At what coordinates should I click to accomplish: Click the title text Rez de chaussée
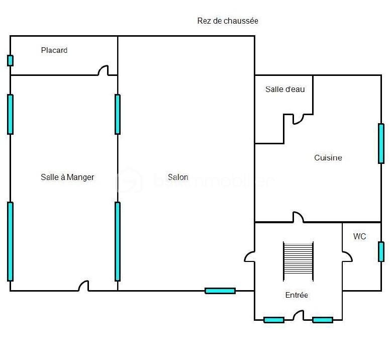[x=228, y=21]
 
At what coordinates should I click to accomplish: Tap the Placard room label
[x=54, y=50]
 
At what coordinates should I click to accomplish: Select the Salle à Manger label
[x=67, y=177]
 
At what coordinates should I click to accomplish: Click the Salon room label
[x=178, y=177]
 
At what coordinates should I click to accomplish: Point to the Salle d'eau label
[x=285, y=89]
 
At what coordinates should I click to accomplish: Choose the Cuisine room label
[x=328, y=158]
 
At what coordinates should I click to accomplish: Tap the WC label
[x=360, y=236]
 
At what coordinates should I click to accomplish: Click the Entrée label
[x=297, y=295]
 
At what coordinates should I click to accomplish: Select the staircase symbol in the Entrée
[x=298, y=261]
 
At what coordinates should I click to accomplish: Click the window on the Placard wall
[x=10, y=60]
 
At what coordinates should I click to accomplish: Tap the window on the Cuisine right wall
[x=381, y=143]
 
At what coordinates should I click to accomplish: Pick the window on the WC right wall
[x=381, y=251]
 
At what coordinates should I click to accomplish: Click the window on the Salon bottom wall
[x=220, y=291]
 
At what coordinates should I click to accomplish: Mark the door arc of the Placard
[x=104, y=71]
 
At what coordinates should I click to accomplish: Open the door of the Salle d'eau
[x=298, y=119]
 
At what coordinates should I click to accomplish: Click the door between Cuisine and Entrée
[x=298, y=217]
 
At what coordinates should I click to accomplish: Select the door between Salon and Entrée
[x=250, y=256]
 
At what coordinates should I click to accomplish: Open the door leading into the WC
[x=347, y=256]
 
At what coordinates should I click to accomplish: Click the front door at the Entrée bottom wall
[x=299, y=316]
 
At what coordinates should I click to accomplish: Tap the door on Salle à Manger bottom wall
[x=83, y=286]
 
